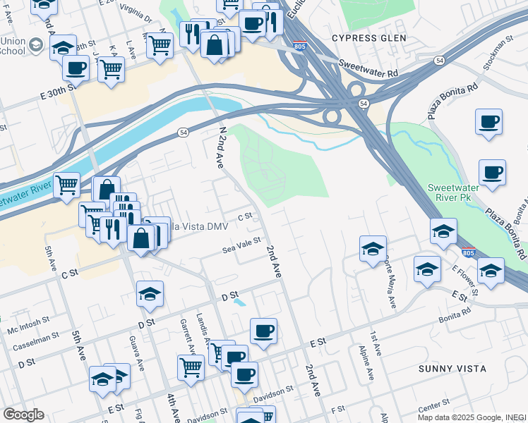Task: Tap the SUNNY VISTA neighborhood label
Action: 452,369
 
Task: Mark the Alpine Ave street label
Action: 367,363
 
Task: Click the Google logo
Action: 23,415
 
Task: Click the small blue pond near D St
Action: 240,302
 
